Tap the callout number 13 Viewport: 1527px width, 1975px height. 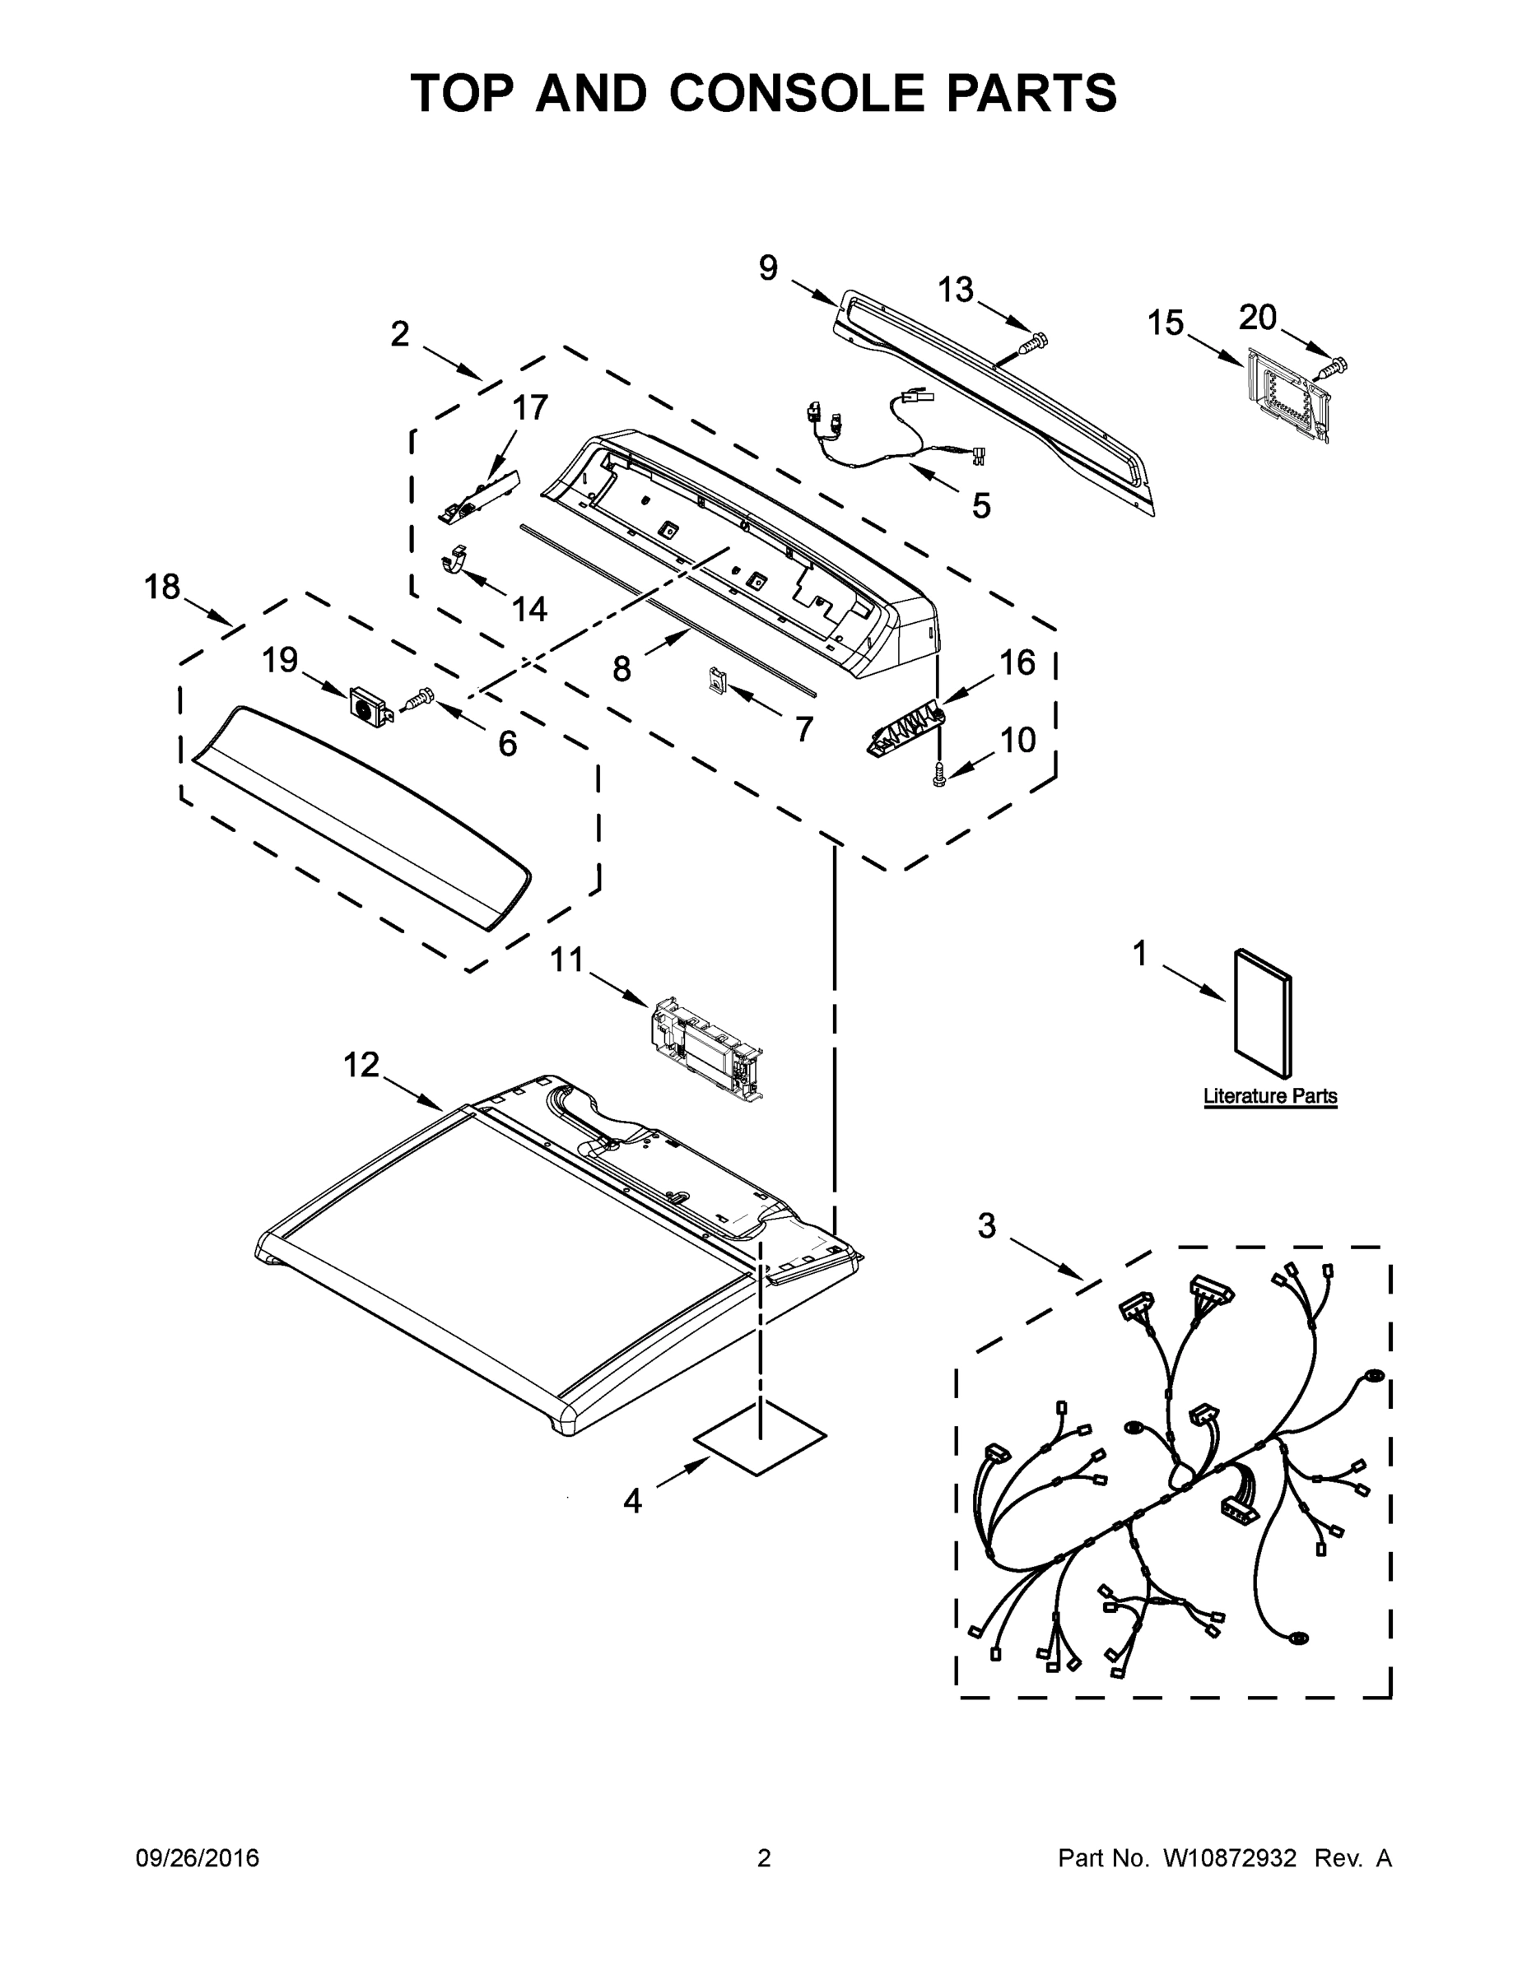pyautogui.click(x=955, y=290)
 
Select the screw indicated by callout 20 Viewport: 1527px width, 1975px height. pyautogui.click(x=1334, y=367)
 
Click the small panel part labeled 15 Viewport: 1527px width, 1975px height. pyautogui.click(x=1287, y=394)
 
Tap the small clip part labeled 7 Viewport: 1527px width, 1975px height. pyautogui.click(x=717, y=679)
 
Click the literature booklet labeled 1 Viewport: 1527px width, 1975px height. pyautogui.click(x=1263, y=1013)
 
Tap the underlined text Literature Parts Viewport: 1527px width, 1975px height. pyautogui.click(x=1269, y=1096)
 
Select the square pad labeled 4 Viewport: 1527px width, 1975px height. pyautogui.click(x=759, y=1438)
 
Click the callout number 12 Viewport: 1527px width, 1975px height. pyautogui.click(x=361, y=1066)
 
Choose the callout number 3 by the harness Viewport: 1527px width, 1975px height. pyautogui.click(x=986, y=1226)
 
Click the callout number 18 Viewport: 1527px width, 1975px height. pyautogui.click(x=163, y=588)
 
